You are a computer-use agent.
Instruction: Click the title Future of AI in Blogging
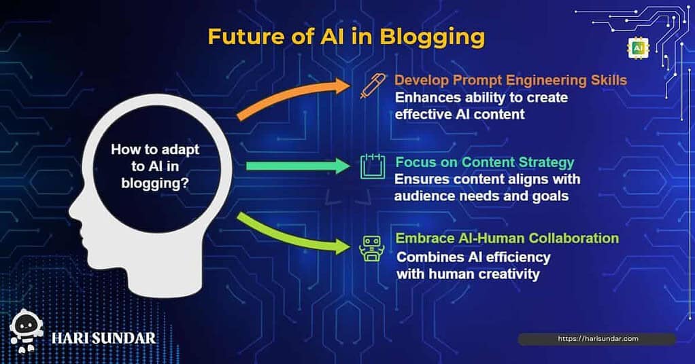click(x=346, y=37)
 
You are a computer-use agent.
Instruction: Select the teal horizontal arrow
click(x=298, y=166)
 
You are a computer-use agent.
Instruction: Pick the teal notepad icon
click(x=373, y=166)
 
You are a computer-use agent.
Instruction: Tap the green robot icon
click(x=371, y=248)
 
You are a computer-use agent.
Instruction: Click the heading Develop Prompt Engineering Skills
click(x=511, y=80)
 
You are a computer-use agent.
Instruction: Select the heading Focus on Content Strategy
click(x=484, y=162)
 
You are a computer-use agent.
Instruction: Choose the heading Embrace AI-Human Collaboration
click(x=507, y=238)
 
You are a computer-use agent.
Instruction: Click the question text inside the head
click(x=155, y=166)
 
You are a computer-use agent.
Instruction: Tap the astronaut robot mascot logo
click(x=26, y=331)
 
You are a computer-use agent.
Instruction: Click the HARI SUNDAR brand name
click(x=104, y=338)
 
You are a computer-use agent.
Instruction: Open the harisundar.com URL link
click(x=598, y=339)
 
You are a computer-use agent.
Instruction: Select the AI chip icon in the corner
click(x=638, y=48)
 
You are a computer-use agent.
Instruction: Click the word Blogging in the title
click(x=433, y=37)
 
